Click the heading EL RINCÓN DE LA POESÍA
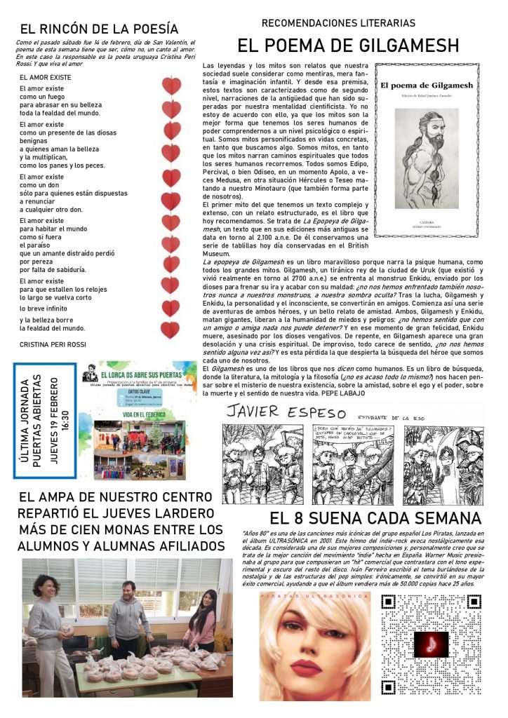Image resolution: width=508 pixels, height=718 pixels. tap(99, 29)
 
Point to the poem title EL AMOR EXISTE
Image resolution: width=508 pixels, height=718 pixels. tap(46, 77)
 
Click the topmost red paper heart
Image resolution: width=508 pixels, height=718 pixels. tap(172, 86)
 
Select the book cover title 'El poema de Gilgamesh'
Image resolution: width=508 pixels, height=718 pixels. tap(426, 86)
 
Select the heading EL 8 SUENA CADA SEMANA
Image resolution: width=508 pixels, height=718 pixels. tap(375, 519)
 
